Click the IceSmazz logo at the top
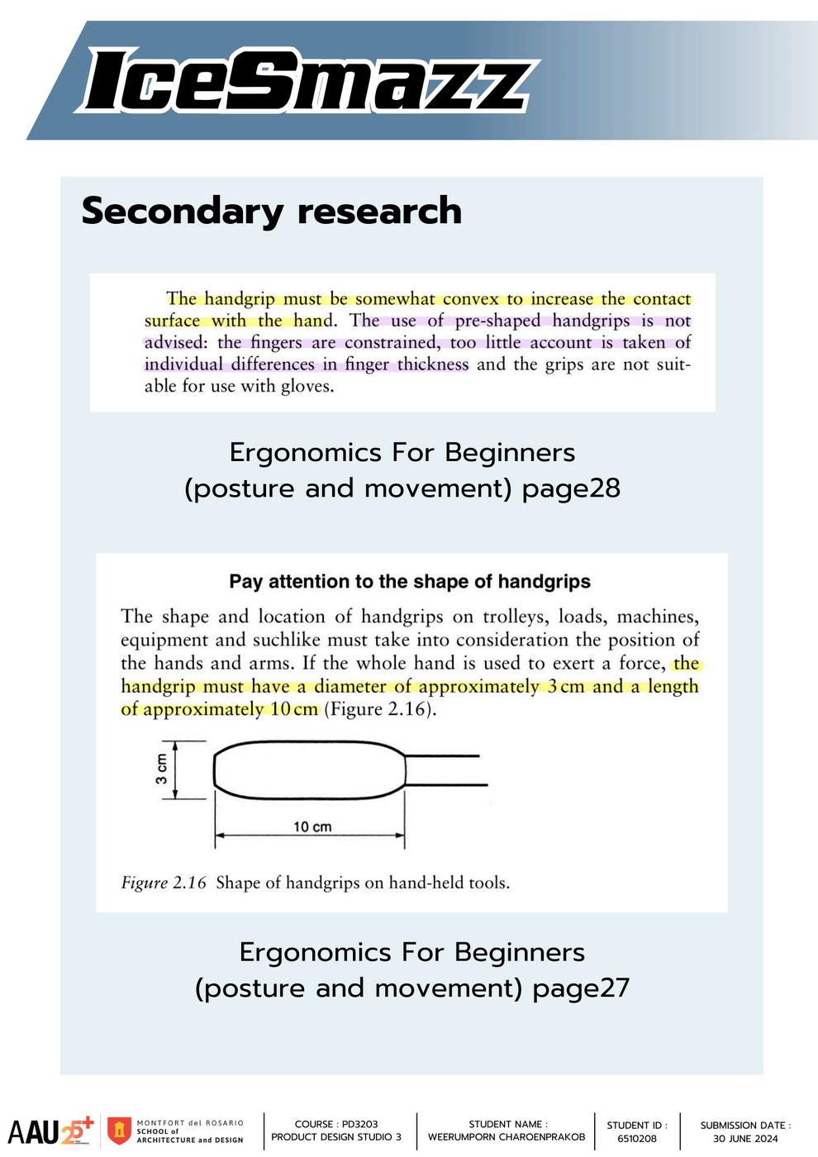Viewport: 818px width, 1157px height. [x=306, y=81]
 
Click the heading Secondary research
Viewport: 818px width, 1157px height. [x=271, y=211]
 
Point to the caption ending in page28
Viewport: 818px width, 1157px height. [x=402, y=470]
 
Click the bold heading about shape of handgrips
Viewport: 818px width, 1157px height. [x=410, y=582]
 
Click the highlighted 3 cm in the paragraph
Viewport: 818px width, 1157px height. [x=565, y=687]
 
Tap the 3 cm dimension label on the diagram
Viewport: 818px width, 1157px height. [x=162, y=769]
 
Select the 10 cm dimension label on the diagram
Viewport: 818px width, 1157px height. [x=312, y=826]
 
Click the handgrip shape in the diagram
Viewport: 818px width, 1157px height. [x=310, y=770]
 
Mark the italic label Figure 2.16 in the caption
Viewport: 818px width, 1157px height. [x=164, y=883]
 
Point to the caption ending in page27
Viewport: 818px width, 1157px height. [x=412, y=970]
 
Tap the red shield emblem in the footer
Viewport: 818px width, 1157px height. [x=121, y=1131]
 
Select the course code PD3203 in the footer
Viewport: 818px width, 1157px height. [x=359, y=1124]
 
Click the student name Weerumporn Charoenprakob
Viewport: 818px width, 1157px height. [x=506, y=1137]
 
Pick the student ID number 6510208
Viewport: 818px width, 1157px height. [x=637, y=1138]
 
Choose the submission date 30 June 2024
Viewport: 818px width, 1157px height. [x=745, y=1138]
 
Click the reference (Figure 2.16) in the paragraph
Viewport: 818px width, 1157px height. [x=378, y=710]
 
